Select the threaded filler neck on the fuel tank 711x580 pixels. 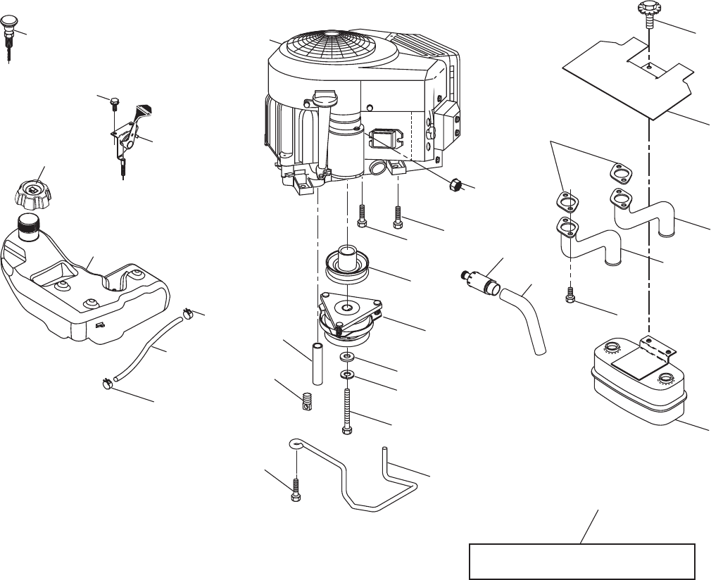click(30, 225)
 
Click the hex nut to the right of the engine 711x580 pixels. click(455, 185)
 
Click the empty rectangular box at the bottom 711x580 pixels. click(582, 561)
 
